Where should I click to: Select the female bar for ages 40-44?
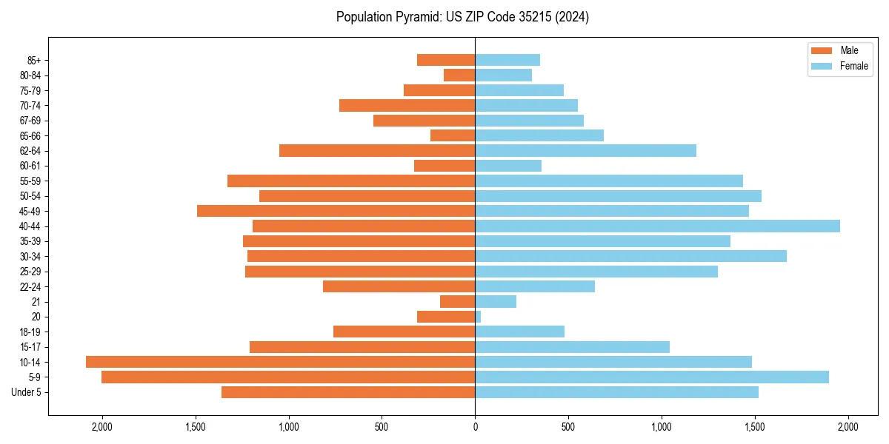pos(657,226)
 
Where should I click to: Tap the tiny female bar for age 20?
pos(478,317)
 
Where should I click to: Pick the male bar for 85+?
pos(446,60)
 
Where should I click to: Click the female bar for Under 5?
pos(616,392)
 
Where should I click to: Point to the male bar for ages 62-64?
pos(377,150)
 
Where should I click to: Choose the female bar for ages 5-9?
pos(652,377)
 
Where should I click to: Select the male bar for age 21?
pos(457,301)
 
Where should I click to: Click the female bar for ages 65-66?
pos(539,135)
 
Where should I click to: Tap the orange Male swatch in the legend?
pos(822,50)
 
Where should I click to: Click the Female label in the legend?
pos(854,66)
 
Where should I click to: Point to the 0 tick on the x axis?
pos(475,426)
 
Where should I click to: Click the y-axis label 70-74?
pos(30,105)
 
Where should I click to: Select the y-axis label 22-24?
pos(30,286)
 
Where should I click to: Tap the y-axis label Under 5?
pos(27,392)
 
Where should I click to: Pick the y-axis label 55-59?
pos(30,181)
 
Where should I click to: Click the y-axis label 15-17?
pos(30,347)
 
